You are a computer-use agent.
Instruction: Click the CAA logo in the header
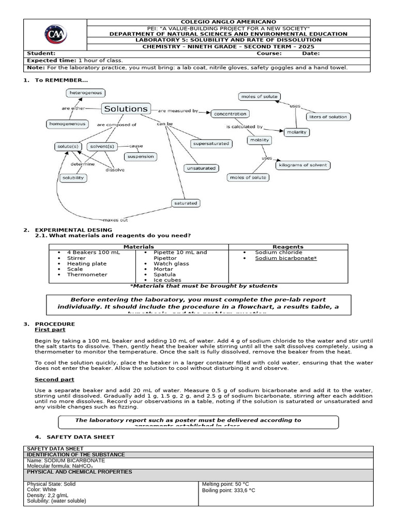[x=56, y=35]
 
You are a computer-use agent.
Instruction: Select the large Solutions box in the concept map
[x=126, y=108]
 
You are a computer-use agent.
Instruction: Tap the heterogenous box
[x=85, y=93]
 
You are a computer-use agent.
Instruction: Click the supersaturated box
[x=210, y=143]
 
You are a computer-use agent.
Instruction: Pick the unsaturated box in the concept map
[x=201, y=168]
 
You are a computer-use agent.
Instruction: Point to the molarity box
[x=296, y=132]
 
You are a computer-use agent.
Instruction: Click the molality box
[x=260, y=140]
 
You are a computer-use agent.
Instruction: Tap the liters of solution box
[x=328, y=117]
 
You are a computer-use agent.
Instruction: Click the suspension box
[x=140, y=156]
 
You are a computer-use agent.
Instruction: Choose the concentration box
[x=230, y=114]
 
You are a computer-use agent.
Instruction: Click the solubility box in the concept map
[x=73, y=178]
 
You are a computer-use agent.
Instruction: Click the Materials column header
[x=139, y=247]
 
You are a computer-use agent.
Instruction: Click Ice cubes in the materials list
[x=167, y=280]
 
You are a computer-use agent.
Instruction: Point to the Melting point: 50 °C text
[x=225, y=484]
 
